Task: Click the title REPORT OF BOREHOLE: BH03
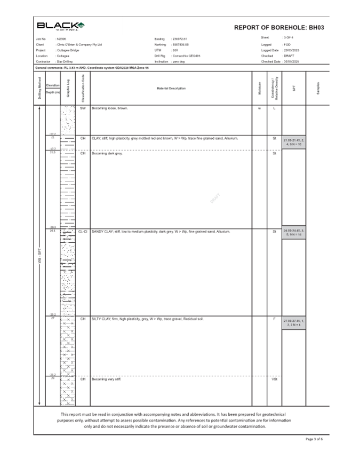pos(279,28)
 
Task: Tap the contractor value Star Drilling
pos(65,61)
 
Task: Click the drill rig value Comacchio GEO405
pos(186,56)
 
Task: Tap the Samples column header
pos(318,88)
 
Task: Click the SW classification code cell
pos(83,108)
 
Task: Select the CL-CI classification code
pos(83,232)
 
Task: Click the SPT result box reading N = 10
pos(294,142)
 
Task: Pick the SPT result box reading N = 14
pos(294,232)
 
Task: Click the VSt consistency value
pos(274,379)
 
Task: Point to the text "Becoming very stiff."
pos(106,379)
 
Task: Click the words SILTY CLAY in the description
pos(101,319)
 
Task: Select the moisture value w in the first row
pos(259,108)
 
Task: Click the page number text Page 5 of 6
pos(314,439)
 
